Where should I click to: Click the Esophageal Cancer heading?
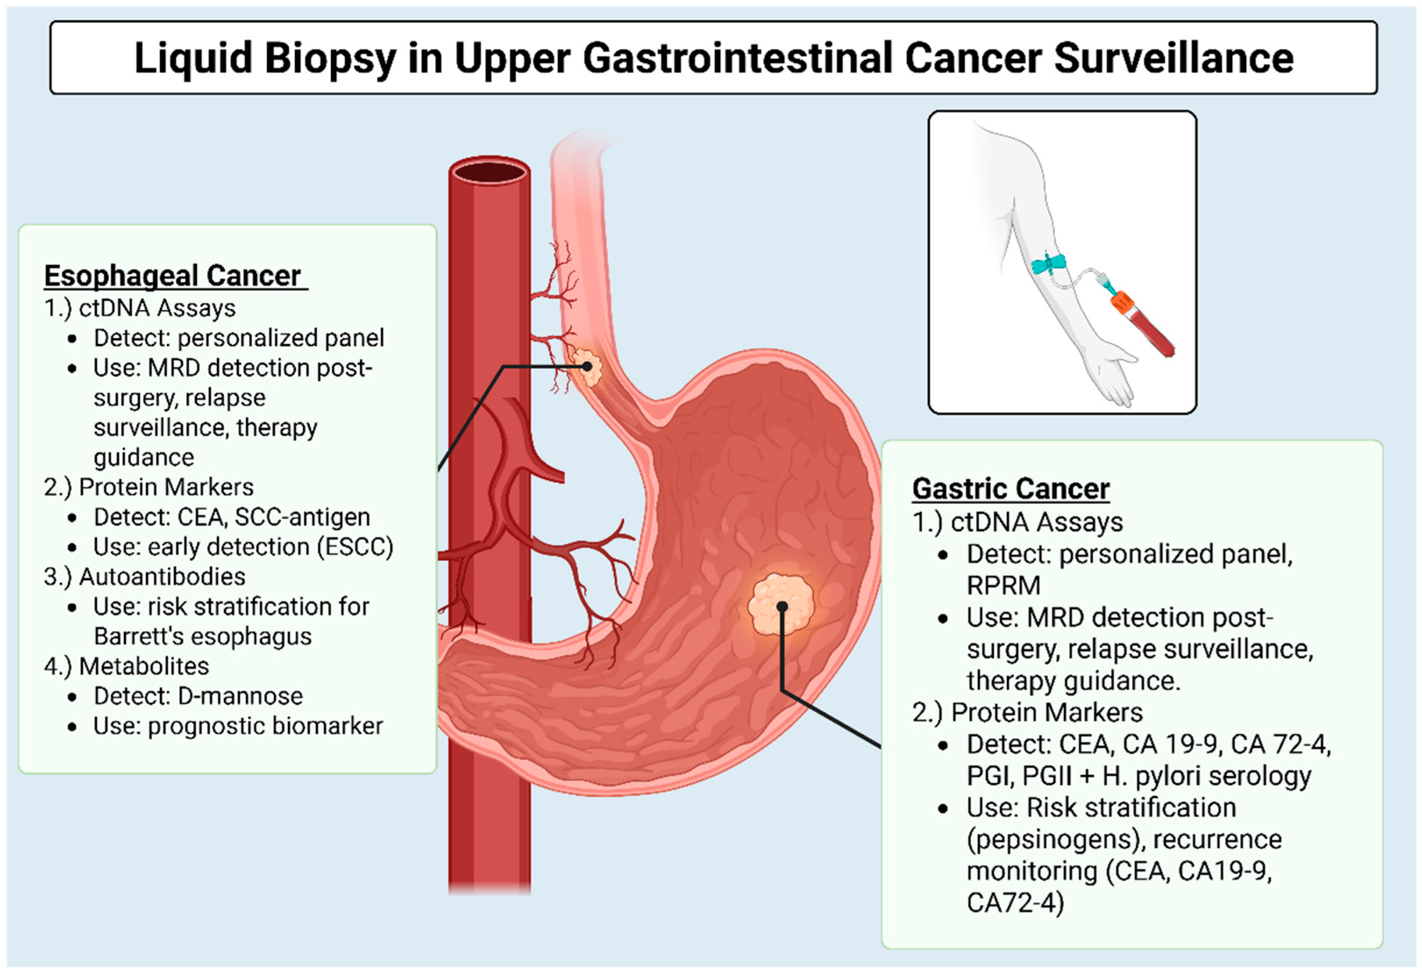click(173, 275)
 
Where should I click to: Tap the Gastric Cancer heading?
click(1011, 488)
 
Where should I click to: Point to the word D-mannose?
click(241, 696)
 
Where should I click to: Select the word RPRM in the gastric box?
click(1003, 585)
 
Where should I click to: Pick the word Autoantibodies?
click(162, 576)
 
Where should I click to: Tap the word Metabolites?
click(144, 666)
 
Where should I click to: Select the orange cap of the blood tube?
click(1123, 302)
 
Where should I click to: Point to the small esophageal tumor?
click(587, 366)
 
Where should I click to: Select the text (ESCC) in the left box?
click(355, 547)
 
